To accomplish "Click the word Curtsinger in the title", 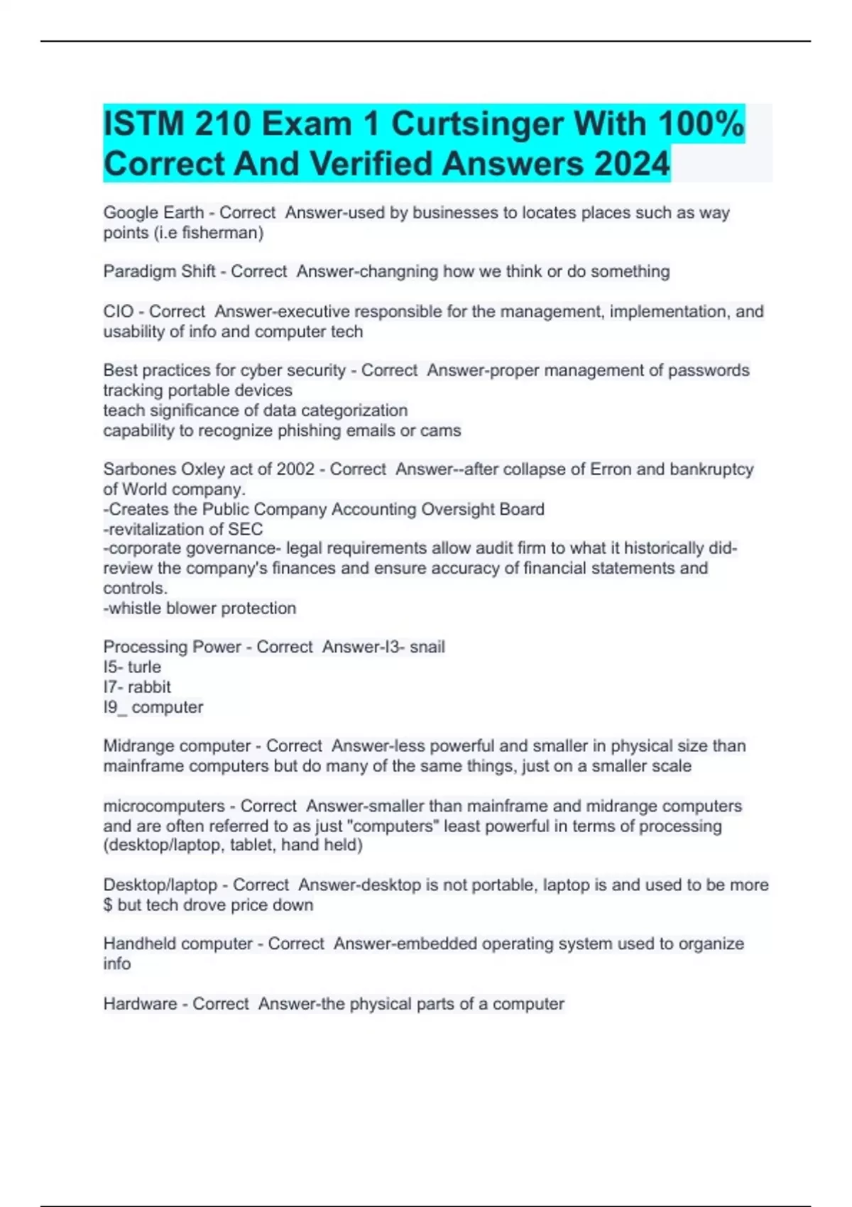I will (477, 125).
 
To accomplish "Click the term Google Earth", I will (153, 212).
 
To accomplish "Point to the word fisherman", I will (222, 233).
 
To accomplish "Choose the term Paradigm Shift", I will (159, 271).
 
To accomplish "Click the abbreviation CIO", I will (118, 312).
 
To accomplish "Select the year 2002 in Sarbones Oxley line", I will (295, 469).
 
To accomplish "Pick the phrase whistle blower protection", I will (200, 608).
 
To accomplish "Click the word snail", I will (427, 647).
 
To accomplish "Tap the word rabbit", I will (149, 687).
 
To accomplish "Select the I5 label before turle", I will (111, 667).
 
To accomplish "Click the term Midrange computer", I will (177, 746).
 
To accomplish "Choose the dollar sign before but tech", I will (108, 905).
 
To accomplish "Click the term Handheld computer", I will (177, 944).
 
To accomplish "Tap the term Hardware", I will (139, 1004).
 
